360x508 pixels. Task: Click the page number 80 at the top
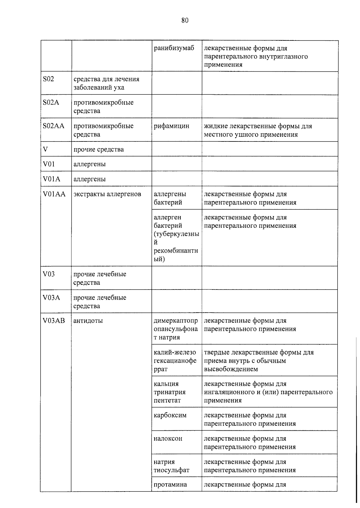tap(185, 20)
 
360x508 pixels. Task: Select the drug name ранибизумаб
tap(174, 48)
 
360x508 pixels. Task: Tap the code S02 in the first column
tap(49, 79)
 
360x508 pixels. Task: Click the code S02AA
tap(53, 126)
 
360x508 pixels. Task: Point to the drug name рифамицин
tap(171, 126)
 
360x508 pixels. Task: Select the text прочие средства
tap(98, 149)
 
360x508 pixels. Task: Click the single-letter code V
tap(45, 149)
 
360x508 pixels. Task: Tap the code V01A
tap(51, 179)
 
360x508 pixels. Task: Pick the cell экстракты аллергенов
tap(107, 194)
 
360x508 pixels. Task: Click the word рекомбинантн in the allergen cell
tap(176, 251)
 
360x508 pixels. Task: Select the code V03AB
tap(54, 321)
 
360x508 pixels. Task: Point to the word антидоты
tap(88, 321)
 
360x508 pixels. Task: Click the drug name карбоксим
tap(170, 415)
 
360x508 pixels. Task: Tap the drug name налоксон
tap(168, 438)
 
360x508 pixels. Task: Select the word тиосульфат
tap(171, 470)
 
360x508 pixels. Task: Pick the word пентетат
tap(167, 400)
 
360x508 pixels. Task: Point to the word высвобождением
tap(231, 369)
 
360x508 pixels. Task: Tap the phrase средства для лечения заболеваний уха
tap(106, 83)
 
